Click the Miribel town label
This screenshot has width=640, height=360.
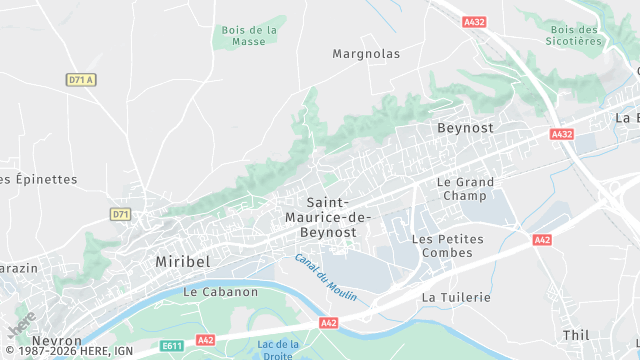coord(183,261)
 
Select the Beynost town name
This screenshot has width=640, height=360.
coord(466,128)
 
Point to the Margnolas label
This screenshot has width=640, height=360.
coord(366,54)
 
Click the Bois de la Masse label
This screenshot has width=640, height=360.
coord(248,36)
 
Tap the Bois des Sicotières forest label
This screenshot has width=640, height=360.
coord(575,36)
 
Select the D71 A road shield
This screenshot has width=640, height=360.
coord(80,80)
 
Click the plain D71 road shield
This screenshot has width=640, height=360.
coord(120,214)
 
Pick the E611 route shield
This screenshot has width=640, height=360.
coord(172,346)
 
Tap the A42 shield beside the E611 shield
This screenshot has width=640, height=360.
coord(205,341)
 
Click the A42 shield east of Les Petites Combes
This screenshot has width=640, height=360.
coord(542,240)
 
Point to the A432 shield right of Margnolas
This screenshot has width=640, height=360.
coord(475,21)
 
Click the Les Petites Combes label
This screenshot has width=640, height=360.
coord(447,246)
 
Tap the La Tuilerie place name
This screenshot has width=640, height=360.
coord(456,297)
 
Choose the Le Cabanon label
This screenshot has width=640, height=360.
coord(221,292)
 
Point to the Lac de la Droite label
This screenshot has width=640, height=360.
coord(278,350)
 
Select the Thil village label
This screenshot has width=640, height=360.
coord(576,335)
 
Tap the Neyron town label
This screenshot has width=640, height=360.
coord(57,341)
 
